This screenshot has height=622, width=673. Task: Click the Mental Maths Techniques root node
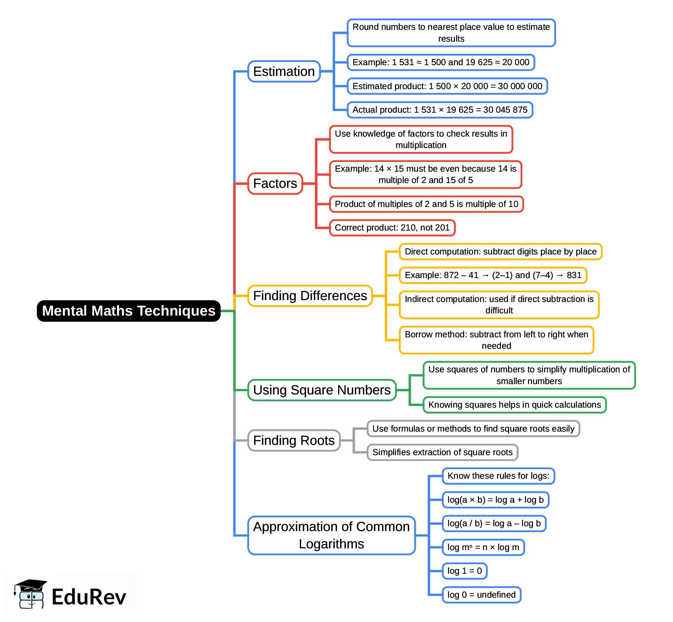[x=129, y=311]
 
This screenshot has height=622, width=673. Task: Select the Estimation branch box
[x=284, y=71]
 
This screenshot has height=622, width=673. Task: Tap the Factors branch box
[x=275, y=183]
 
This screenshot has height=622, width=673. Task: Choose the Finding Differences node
[x=310, y=296]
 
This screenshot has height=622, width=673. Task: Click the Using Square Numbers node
[x=322, y=390]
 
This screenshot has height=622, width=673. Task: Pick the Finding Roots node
[x=294, y=440]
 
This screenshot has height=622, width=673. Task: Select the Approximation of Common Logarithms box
[x=331, y=535]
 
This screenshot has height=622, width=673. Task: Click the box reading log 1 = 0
[x=464, y=571]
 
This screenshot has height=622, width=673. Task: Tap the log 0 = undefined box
[x=481, y=595]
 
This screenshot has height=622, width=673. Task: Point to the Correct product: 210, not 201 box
[x=392, y=228]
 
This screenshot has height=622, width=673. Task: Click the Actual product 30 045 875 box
[x=440, y=110]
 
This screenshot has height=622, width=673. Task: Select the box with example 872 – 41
[x=493, y=275]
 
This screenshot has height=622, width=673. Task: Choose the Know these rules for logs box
[x=498, y=476]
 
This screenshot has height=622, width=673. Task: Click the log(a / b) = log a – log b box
[x=494, y=523]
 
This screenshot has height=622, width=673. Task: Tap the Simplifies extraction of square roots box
[x=442, y=452]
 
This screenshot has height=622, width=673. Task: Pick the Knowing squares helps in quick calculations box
[x=514, y=405]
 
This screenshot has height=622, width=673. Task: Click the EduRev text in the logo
[x=89, y=597]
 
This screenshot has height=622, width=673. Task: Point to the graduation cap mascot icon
[x=30, y=594]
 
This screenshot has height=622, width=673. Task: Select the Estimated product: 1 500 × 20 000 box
[x=447, y=86]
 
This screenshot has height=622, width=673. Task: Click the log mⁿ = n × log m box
[x=483, y=547]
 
